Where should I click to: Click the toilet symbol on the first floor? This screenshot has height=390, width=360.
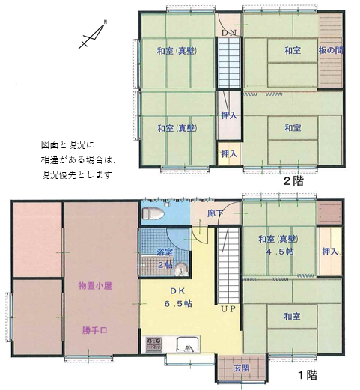(153, 214)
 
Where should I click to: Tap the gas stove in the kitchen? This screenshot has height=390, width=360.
(153, 344)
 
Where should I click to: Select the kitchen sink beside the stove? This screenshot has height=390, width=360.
(188, 344)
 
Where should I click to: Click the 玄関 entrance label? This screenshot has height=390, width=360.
(241, 368)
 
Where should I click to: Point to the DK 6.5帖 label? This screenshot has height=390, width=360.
(178, 297)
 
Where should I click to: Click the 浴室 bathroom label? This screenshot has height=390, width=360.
(165, 252)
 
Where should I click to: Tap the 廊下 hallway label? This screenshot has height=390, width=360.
(215, 213)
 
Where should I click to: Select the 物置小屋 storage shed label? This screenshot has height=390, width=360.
(95, 286)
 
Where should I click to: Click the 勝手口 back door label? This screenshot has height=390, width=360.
(95, 330)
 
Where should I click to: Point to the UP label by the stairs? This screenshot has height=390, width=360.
(228, 309)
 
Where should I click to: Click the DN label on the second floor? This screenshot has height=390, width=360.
(229, 33)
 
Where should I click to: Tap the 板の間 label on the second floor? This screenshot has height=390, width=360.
(331, 50)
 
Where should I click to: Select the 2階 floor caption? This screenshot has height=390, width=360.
(293, 181)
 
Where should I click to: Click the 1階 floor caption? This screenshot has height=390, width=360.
(308, 374)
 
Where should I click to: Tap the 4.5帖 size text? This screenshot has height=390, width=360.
(280, 252)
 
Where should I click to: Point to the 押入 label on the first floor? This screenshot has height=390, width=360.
(330, 252)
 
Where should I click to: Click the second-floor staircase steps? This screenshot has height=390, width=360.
(229, 62)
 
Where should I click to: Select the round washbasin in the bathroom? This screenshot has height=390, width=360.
(181, 269)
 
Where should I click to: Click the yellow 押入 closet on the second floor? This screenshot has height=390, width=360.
(229, 153)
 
